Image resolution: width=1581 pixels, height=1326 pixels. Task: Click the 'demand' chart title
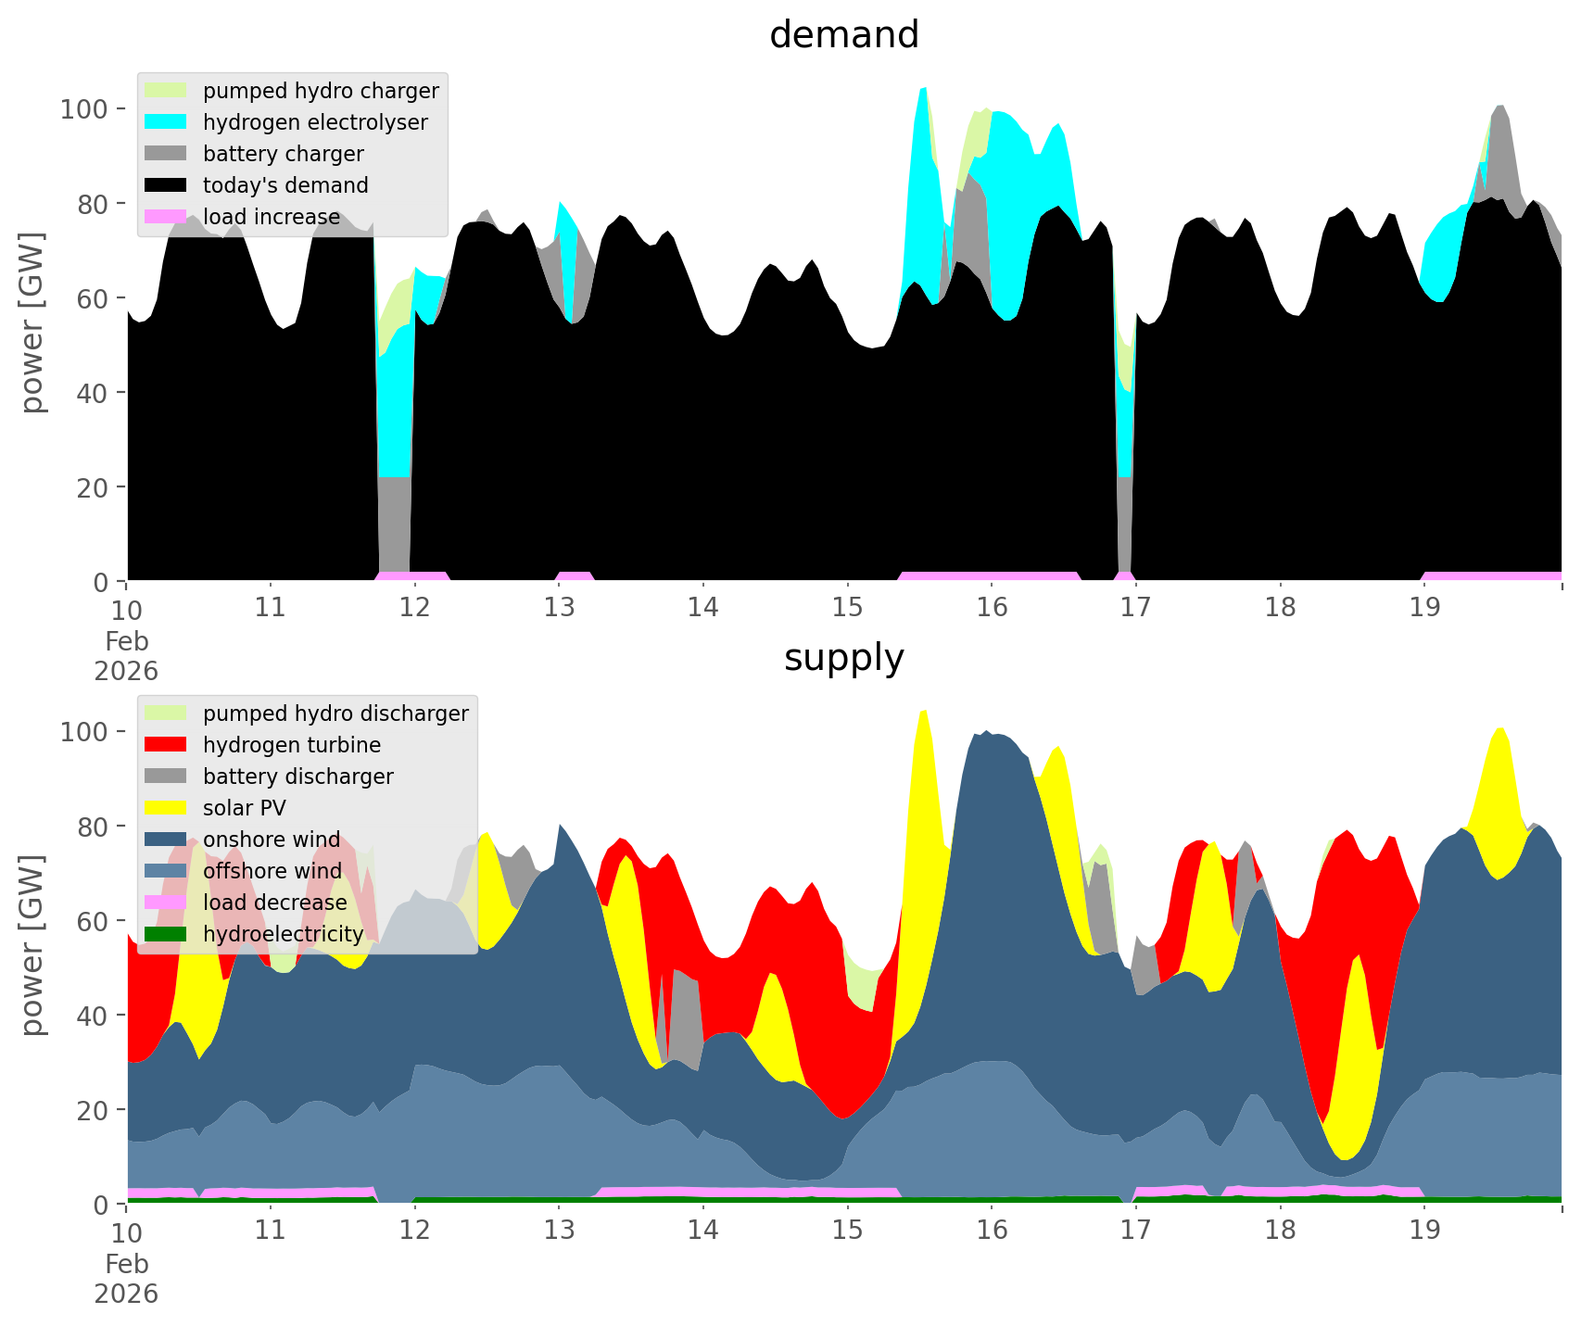coord(843,35)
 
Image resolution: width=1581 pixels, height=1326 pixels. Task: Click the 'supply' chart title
coord(843,658)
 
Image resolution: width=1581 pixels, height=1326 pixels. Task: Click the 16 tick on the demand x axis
coord(992,608)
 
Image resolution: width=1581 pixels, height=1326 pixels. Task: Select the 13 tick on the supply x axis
coord(559,1231)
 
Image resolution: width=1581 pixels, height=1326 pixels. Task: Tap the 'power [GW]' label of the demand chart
coord(32,322)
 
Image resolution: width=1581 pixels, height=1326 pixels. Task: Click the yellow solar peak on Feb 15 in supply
coord(923,741)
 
